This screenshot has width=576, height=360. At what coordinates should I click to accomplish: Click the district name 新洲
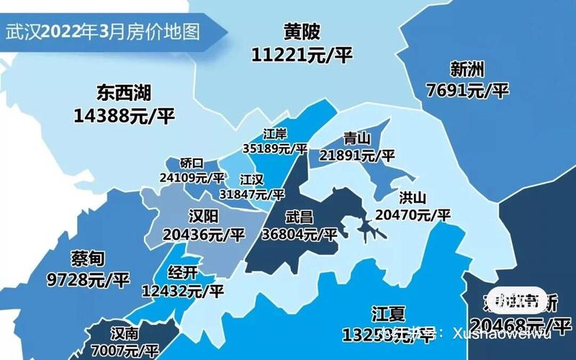[x=467, y=70]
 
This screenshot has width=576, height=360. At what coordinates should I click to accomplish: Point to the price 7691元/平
[x=467, y=91]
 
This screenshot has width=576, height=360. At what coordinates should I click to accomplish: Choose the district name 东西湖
[x=125, y=93]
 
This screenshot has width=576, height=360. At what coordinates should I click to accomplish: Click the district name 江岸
[x=274, y=134]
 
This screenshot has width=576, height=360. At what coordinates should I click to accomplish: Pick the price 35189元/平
[x=274, y=149]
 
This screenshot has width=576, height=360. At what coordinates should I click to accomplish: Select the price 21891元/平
[x=357, y=155]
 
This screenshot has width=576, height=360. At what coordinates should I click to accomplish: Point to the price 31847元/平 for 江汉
[x=253, y=194]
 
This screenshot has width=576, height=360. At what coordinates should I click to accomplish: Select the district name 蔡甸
[x=89, y=258]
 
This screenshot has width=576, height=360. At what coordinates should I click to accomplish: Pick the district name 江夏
[x=388, y=314]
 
